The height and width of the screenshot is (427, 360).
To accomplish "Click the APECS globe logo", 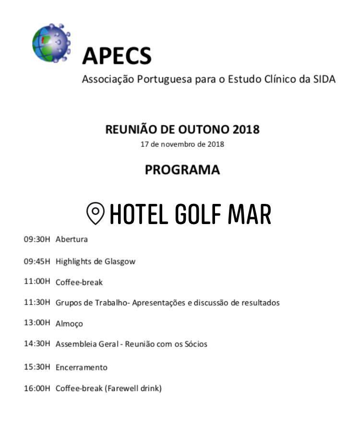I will tap(51, 43).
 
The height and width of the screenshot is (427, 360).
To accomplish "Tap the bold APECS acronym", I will tap(117, 56).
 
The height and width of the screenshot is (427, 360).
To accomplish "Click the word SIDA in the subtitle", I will tap(324, 79).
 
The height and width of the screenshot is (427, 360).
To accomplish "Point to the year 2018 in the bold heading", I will tap(245, 130).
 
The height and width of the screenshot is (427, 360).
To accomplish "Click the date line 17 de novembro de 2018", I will tap(182, 144).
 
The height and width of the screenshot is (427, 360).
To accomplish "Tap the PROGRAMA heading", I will tap(182, 170).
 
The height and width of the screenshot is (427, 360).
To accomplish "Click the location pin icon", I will tap(96, 213).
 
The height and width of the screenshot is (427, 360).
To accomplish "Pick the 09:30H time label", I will tap(37, 239).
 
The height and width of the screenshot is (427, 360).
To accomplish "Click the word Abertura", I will tap(72, 239).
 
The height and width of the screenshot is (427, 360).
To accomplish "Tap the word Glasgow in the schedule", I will tap(120, 261).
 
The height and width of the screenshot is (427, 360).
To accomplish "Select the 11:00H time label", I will tap(37, 282).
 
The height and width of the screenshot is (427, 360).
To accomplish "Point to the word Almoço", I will tap(69, 324).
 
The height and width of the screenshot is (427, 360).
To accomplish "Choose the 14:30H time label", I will tap(37, 344).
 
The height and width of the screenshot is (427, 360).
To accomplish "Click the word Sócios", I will tap(196, 344).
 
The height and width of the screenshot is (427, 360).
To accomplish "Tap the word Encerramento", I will tap(81, 368).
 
